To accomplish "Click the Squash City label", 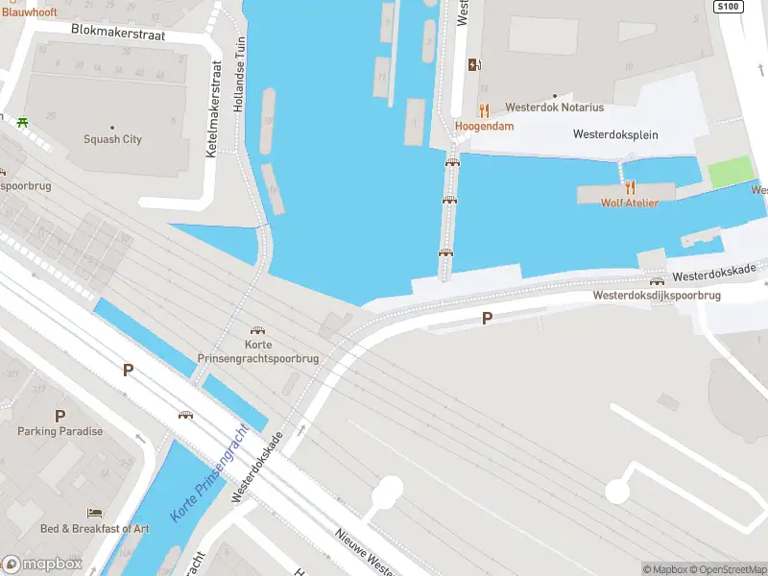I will point(113,139).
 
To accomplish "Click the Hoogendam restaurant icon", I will point(484,111).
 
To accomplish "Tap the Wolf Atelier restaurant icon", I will point(630,187).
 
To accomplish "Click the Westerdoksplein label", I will point(615,134).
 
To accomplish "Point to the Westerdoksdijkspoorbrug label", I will point(657,296).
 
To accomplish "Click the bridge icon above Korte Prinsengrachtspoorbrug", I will point(257,330).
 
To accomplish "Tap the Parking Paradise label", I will point(60,431).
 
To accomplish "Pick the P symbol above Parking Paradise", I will point(60,416).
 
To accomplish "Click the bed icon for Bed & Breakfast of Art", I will point(94,514).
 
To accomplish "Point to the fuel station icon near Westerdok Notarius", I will point(472,65).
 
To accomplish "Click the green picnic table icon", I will point(22,122).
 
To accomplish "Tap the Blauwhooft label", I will point(29,12).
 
